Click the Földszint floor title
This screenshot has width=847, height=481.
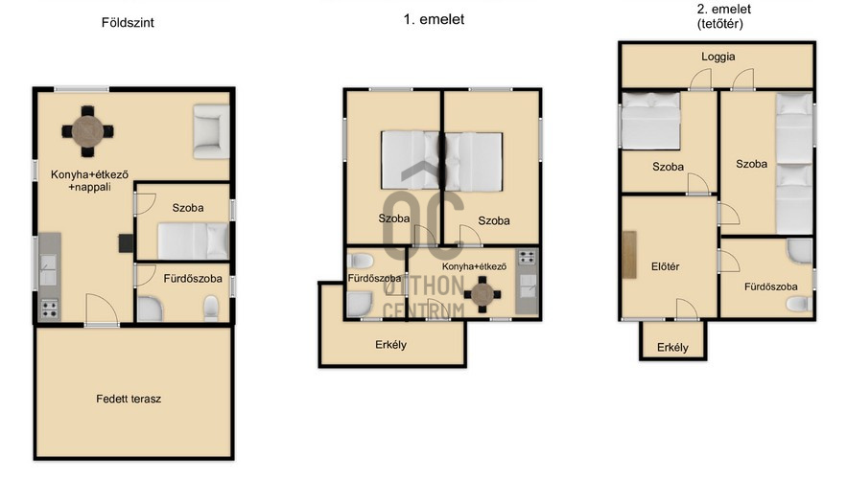tap(128, 23)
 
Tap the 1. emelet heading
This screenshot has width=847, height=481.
tap(434, 19)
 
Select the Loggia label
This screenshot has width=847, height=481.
tap(718, 57)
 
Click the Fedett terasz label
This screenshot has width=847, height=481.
tap(129, 399)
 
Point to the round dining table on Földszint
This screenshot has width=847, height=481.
tap(87, 131)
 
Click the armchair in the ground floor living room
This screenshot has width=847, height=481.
tap(211, 131)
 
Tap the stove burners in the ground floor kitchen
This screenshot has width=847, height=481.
tap(49, 309)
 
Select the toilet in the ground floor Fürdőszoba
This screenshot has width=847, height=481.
tap(211, 308)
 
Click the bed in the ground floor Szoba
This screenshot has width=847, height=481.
tap(193, 241)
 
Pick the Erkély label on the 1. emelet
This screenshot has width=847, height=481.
tap(390, 344)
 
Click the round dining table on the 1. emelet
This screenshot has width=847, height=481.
tap(482, 295)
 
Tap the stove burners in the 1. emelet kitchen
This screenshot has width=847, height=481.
tap(527, 258)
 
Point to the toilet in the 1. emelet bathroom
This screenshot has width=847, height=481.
tap(361, 261)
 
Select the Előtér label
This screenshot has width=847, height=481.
tap(665, 266)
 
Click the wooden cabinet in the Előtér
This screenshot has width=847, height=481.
tap(628, 254)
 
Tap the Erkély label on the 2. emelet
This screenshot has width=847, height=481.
tap(672, 348)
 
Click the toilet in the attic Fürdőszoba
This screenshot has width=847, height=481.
tap(798, 305)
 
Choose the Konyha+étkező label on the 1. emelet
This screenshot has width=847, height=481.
tap(474, 266)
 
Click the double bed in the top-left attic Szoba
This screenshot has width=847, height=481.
tap(650, 121)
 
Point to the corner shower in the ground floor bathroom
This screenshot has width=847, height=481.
tap(150, 309)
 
